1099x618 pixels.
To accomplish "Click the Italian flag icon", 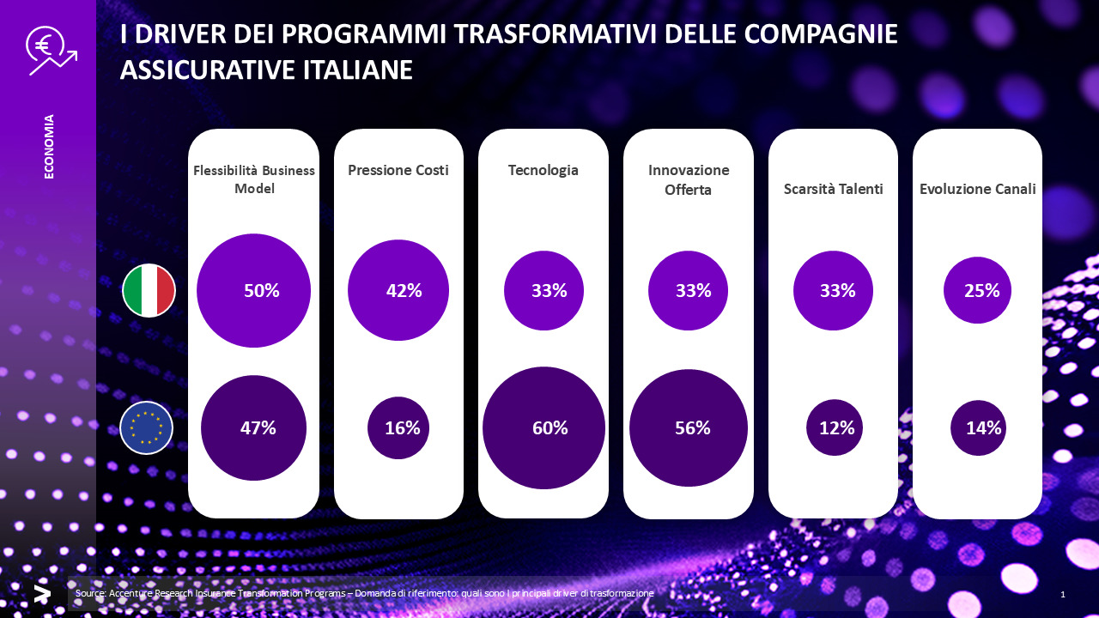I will (149, 290).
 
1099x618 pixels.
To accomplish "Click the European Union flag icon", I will (147, 427).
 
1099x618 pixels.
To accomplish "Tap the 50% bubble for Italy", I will (253, 290).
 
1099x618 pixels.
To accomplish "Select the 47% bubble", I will (253, 427).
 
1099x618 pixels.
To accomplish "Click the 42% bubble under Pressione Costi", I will (398, 290).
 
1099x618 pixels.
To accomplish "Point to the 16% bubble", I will (398, 427).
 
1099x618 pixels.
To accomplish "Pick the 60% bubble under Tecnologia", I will (543, 427).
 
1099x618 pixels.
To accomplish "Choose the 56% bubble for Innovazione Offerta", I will (689, 427).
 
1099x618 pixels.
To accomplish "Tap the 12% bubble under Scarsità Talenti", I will (835, 427).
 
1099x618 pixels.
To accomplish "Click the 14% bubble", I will (978, 427).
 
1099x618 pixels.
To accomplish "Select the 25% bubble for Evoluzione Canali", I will (977, 290).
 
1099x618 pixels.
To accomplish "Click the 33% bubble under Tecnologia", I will (543, 290).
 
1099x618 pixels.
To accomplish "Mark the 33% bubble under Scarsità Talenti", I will (833, 290).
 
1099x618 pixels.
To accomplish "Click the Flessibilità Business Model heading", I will (254, 179).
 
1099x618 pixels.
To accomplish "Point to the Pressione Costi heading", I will (398, 170).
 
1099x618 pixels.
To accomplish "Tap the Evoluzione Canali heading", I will (977, 189).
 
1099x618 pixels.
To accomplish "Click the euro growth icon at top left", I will (50, 51).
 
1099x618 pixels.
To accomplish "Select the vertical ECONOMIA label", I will (49, 146).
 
